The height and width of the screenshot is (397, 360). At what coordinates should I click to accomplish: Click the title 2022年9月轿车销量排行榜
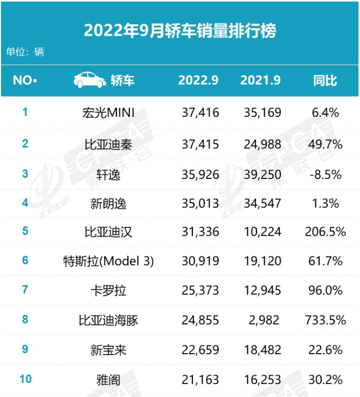coord(180,30)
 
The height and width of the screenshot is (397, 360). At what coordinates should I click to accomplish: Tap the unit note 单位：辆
coord(25,52)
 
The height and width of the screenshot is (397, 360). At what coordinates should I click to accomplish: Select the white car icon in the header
coord(89,80)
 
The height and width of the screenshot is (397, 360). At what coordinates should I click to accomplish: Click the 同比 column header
coord(325,81)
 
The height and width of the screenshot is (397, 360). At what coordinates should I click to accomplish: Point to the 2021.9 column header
coord(261,81)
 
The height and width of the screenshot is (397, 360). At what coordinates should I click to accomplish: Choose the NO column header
coord(25,81)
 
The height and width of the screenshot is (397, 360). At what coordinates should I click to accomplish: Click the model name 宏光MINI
coord(108,112)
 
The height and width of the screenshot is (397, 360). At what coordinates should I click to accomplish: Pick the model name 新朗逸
coord(108,203)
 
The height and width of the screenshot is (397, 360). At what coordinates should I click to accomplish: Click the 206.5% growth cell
coord(325,231)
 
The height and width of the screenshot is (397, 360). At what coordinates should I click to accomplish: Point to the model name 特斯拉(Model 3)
coord(108,261)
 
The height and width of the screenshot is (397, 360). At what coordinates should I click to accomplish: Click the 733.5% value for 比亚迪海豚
coord(325,320)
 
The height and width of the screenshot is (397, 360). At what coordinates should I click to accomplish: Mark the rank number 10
coord(25,379)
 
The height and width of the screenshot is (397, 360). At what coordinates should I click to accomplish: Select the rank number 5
coord(25,231)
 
